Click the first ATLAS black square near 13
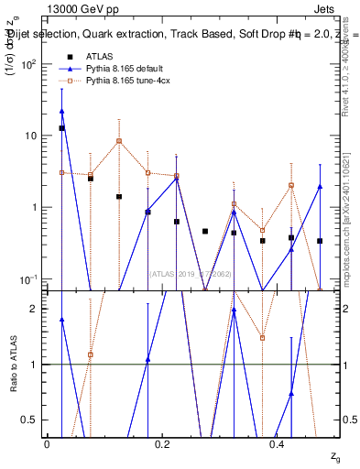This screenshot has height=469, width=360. (x=61, y=128)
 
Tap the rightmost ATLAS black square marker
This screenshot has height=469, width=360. (x=320, y=241)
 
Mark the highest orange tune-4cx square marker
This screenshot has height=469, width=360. (x=119, y=141)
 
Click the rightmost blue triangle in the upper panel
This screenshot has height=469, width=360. (x=320, y=187)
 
